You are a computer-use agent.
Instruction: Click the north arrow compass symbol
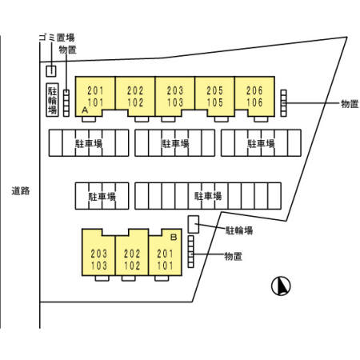tap(281, 286)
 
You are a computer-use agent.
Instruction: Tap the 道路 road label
tap(21, 191)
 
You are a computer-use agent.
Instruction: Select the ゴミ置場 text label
tap(57, 38)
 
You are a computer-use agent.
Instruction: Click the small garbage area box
tap(51, 71)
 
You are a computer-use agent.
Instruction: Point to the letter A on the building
tap(85, 110)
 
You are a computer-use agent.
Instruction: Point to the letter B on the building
tap(174, 237)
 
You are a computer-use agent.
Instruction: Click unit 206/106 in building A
tap(254, 97)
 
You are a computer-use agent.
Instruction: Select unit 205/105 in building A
tap(215, 97)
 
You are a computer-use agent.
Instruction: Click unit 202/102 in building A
tap(135, 97)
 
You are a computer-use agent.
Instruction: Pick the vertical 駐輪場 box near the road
tap(52, 100)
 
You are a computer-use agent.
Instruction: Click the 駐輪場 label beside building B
tap(239, 230)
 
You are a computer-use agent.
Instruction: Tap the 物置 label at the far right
tap(350, 104)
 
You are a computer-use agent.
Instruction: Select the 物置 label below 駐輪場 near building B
tap(234, 256)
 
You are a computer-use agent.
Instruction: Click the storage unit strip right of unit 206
tap(284, 103)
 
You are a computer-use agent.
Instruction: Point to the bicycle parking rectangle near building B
tap(194, 224)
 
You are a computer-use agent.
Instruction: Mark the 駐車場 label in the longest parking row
tap(208, 196)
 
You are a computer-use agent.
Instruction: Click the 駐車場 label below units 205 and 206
tap(261, 143)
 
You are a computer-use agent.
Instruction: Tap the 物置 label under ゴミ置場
tap(68, 50)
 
